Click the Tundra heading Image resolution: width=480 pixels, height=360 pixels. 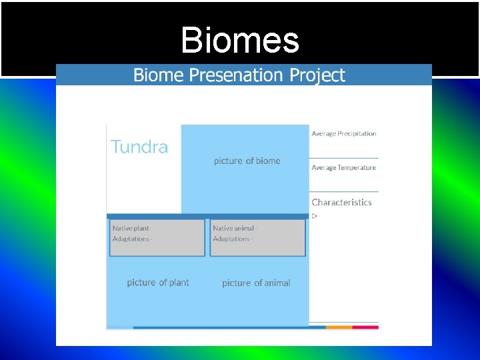139,147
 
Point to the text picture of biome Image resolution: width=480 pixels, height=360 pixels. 247,161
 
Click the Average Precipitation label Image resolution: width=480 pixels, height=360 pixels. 343,133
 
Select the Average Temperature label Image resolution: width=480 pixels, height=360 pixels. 343,167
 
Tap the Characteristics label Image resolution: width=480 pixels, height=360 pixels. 341,202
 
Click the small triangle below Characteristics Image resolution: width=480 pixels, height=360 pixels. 315,216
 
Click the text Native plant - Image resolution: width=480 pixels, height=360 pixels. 132,228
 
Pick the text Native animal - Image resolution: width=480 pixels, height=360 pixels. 235,228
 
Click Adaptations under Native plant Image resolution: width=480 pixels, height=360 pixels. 132,239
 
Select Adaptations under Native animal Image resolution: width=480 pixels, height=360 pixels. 233,239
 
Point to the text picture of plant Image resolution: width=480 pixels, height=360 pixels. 158,283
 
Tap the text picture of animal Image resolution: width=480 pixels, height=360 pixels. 256,283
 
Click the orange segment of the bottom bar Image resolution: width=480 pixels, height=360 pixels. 339,327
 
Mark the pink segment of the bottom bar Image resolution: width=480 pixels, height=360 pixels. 365,327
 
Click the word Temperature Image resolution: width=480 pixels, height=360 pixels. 357,167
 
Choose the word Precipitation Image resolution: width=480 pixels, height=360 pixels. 357,133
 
